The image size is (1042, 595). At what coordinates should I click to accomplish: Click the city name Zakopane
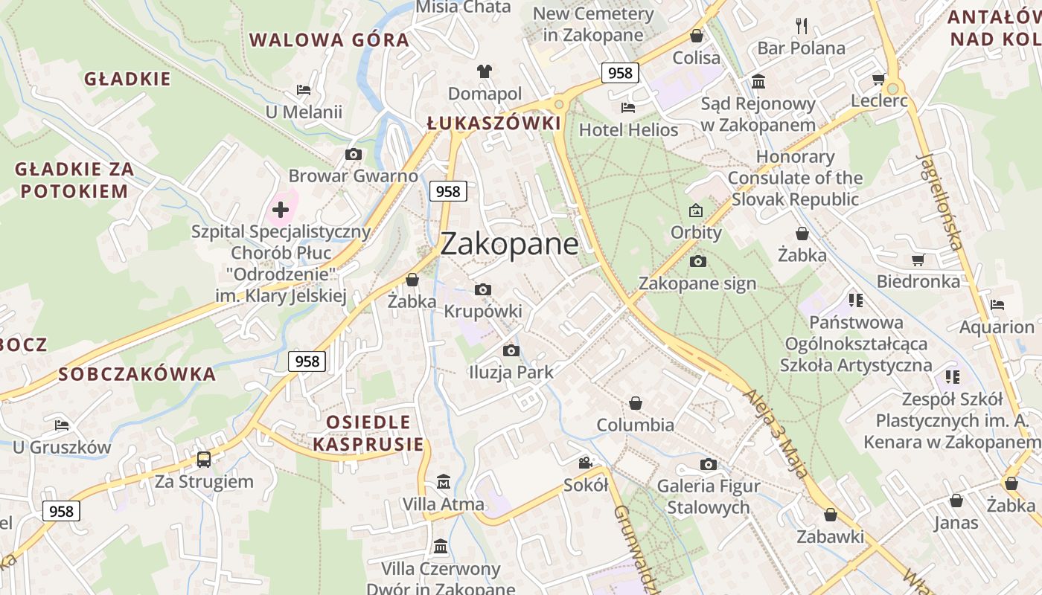[x=510, y=244]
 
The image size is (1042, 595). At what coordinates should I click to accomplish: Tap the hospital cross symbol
[x=281, y=210]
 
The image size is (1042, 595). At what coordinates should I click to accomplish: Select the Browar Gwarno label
[x=354, y=176]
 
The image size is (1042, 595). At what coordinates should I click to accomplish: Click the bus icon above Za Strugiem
[x=204, y=460]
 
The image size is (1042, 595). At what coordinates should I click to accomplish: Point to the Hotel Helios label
[x=629, y=130]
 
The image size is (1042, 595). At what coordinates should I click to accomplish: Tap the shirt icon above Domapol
[x=485, y=71]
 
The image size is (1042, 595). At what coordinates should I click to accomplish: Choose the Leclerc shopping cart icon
[x=878, y=80]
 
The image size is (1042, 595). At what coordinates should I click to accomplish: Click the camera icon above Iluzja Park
[x=511, y=350]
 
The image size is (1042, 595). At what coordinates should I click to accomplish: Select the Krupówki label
[x=483, y=311]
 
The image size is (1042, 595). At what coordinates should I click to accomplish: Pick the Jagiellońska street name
[x=941, y=201]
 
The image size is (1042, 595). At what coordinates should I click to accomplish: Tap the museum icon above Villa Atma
[x=444, y=482]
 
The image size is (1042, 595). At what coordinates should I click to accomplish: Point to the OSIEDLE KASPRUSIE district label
[x=368, y=434]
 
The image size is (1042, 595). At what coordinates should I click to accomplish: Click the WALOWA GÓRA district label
[x=329, y=40]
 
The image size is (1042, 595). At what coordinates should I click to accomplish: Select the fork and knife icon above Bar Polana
[x=802, y=26]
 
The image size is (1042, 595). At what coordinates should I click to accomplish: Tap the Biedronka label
[x=918, y=282]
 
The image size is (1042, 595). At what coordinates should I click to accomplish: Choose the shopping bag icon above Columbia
[x=636, y=403]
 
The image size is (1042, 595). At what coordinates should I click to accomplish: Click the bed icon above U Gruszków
[x=62, y=425]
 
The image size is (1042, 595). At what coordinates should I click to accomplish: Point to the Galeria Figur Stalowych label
[x=709, y=497]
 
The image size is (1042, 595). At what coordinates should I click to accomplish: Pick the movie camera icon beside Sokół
[x=586, y=463]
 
